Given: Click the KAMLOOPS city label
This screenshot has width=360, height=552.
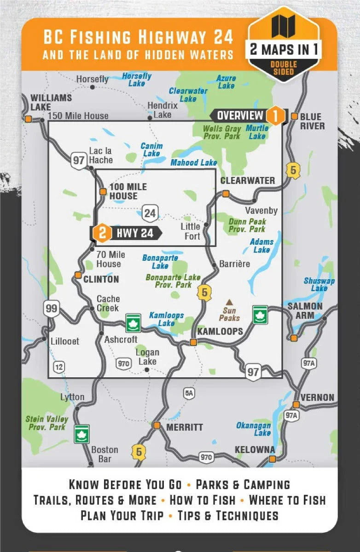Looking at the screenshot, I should [220, 331].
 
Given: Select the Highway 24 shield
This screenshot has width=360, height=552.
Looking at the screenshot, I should [150, 213].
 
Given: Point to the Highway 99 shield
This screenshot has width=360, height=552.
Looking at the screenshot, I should [52, 308].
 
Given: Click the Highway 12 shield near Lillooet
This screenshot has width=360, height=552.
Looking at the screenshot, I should [59, 367].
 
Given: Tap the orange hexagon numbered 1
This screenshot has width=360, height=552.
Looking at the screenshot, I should [275, 115].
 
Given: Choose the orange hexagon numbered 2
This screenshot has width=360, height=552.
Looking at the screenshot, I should [102, 233].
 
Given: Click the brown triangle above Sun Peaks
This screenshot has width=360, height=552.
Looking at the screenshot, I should [229, 302].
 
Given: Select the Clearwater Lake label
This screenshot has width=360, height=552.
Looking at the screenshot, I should [188, 95].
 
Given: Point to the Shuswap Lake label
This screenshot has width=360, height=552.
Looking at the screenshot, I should [319, 284].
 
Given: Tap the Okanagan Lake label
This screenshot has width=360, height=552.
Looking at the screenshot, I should [254, 429].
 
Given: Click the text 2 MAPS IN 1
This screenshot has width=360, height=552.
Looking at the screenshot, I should [284, 49].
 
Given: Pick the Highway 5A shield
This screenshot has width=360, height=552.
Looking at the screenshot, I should [189, 393].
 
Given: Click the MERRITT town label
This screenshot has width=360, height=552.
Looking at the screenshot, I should [184, 427].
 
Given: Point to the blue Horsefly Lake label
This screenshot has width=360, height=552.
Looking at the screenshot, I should [137, 80].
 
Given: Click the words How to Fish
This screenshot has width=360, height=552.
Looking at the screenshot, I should [203, 500].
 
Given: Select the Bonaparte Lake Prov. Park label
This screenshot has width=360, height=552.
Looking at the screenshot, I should [173, 281].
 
